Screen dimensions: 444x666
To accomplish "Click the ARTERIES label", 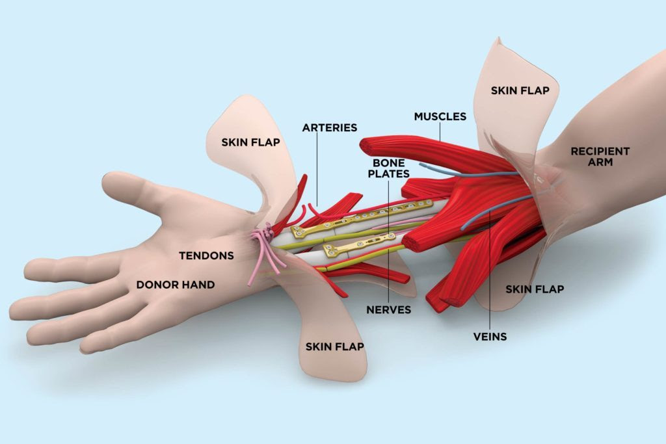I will tap(329, 127).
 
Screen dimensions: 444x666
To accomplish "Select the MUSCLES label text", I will tap(440, 116).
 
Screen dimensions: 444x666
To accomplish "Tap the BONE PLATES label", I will tap(388, 168).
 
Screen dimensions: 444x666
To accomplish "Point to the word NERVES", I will tap(388, 309).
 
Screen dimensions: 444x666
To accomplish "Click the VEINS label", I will tap(490, 336).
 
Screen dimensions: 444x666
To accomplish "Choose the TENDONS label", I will tap(206, 255).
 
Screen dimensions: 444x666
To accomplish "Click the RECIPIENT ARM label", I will tap(600, 156).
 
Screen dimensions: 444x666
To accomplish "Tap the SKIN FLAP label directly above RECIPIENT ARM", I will tap(520, 90).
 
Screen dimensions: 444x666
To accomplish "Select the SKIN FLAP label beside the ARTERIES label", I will tap(250, 142).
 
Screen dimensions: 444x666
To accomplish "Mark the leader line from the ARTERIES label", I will tap(317, 169).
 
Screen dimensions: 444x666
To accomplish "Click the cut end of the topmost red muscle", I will tap(368, 144).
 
